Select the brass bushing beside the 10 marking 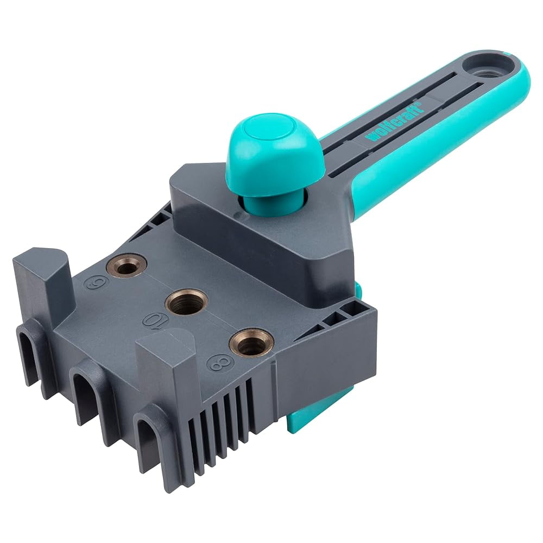[x=186, y=301]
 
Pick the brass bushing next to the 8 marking [x=251, y=343]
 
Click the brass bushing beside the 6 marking [x=126, y=265]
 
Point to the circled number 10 [x=156, y=320]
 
